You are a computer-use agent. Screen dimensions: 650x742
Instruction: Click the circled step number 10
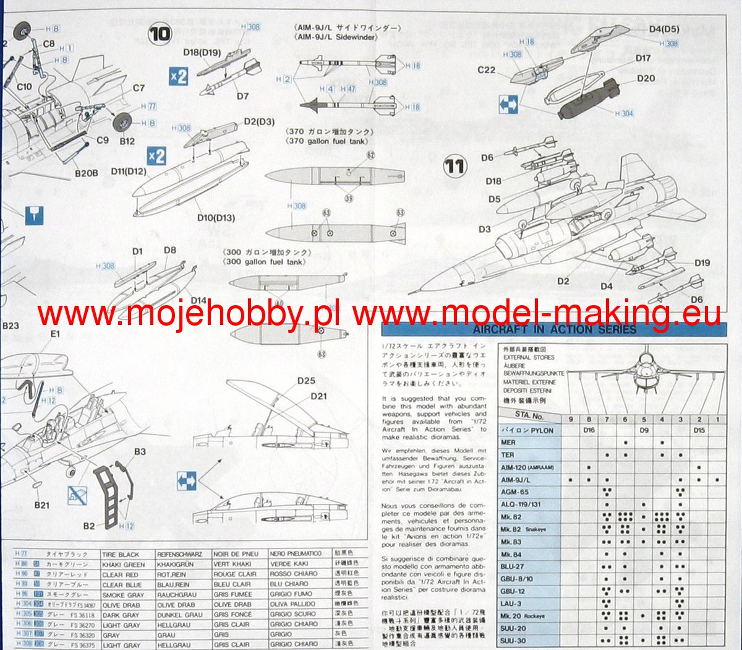(160, 33)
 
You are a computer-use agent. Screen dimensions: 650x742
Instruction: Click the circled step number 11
(454, 166)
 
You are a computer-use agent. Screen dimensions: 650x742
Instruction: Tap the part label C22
(487, 70)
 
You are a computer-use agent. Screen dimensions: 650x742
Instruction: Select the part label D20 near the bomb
(646, 79)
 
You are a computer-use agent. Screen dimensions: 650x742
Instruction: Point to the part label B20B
(86, 173)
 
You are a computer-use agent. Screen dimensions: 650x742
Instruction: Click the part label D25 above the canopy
(306, 381)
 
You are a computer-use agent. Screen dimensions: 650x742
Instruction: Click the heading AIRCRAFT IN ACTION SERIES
(554, 329)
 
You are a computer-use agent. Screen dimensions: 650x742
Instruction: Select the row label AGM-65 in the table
(514, 492)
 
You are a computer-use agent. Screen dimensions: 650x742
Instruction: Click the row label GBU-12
(513, 591)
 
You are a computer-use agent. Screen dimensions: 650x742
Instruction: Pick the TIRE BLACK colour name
(121, 555)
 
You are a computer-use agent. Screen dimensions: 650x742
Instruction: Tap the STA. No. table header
(529, 416)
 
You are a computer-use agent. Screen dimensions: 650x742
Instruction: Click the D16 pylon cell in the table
(589, 430)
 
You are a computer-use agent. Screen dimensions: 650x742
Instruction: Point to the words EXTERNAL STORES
(529, 357)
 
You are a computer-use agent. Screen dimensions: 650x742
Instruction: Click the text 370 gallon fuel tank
(326, 141)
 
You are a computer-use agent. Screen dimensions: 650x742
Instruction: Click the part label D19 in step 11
(702, 262)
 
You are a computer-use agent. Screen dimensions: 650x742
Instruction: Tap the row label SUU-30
(513, 641)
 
